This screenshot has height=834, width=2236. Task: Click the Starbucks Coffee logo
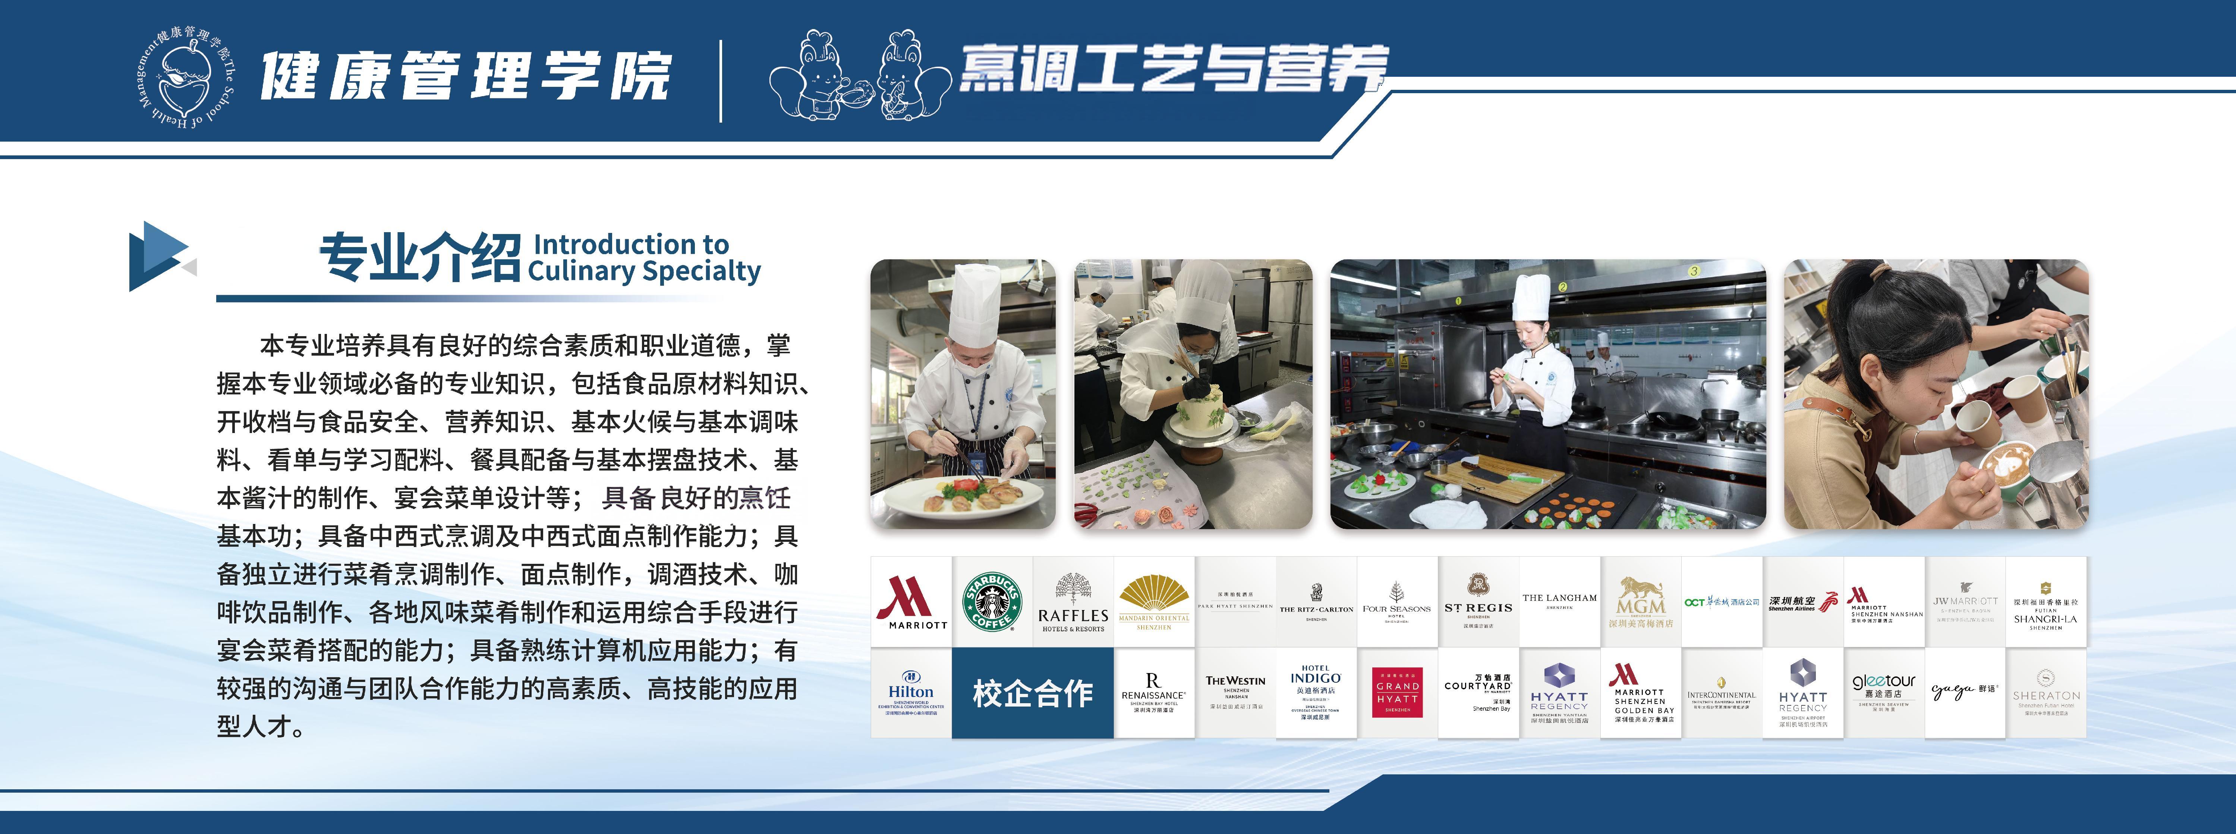click(x=992, y=601)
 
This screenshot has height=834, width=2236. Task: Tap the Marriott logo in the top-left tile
click(x=911, y=601)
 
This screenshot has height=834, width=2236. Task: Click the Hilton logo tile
click(x=911, y=692)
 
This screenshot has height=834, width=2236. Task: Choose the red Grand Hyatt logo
click(x=1398, y=692)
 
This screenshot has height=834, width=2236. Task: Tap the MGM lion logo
click(x=1641, y=601)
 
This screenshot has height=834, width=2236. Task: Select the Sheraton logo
click(x=2045, y=692)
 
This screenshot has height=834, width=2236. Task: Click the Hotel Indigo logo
click(x=1316, y=692)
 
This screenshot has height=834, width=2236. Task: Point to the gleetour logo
click(x=1884, y=692)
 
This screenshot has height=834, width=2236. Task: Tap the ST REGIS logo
click(x=1478, y=601)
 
